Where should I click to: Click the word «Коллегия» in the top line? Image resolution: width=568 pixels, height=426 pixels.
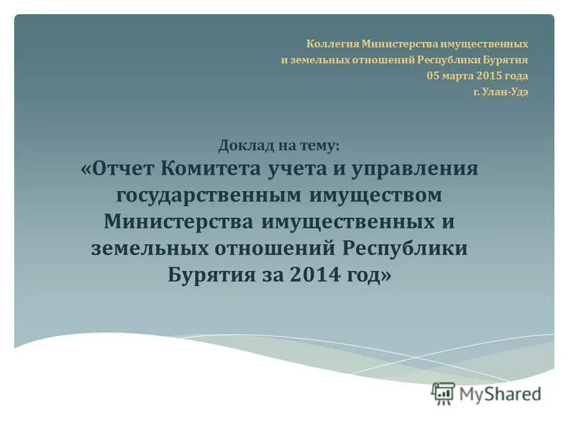point(332,44)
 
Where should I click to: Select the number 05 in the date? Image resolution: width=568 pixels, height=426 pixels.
point(433,76)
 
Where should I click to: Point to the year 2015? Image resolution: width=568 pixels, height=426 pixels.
point(490,76)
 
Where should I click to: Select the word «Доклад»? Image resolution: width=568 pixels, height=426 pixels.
point(246,146)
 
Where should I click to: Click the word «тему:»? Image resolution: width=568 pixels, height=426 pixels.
point(319,146)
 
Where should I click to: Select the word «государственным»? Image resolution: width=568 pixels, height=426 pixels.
point(208,195)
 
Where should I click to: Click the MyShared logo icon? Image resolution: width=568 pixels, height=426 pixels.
point(443,393)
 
